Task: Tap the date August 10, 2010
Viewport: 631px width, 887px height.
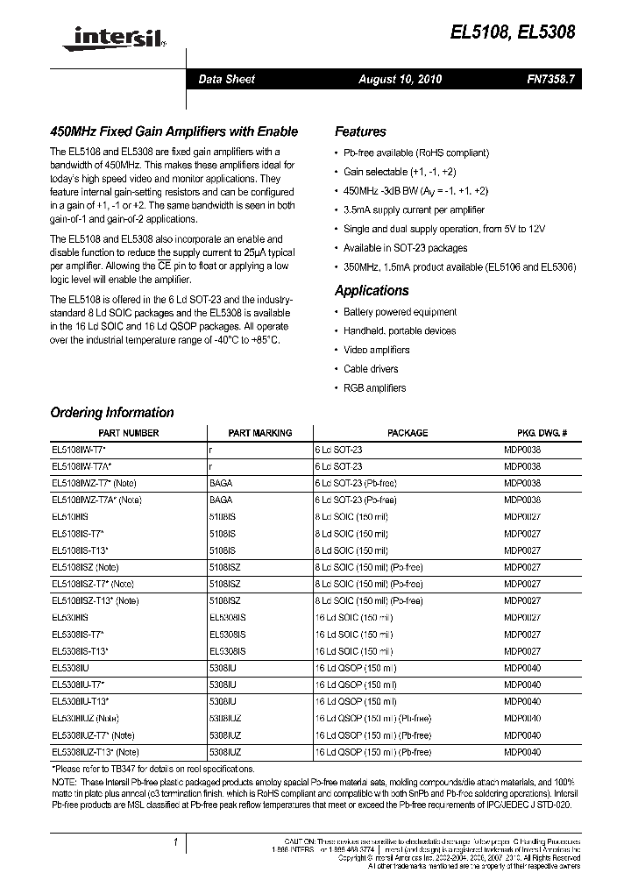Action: (400, 80)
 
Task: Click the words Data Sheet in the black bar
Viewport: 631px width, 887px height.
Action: (226, 80)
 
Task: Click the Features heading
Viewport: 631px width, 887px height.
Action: (360, 131)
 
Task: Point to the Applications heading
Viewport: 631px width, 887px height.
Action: (372, 291)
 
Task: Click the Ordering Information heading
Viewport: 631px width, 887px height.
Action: (112, 413)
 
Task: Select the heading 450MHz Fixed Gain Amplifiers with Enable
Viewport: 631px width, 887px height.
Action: (174, 131)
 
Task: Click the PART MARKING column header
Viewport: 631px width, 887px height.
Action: (259, 433)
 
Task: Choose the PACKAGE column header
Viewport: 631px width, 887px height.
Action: (408, 433)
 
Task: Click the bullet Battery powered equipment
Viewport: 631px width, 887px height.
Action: (400, 312)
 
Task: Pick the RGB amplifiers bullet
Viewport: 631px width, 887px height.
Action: (374, 387)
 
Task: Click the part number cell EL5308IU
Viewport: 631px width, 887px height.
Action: (75, 685)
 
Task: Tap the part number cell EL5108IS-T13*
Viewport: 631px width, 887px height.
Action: (80, 550)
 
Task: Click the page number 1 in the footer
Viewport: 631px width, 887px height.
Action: (176, 842)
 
